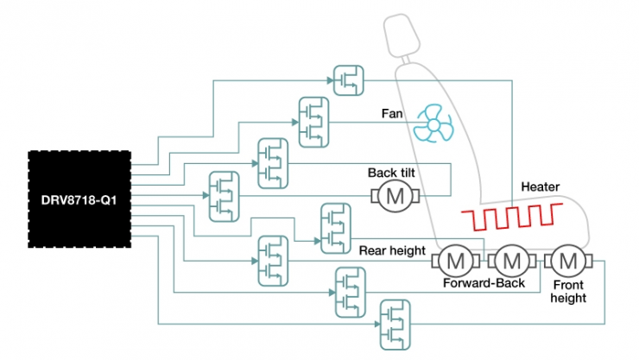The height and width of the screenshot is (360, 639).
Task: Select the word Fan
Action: [x=393, y=112]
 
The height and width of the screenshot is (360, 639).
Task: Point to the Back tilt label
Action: [x=392, y=172]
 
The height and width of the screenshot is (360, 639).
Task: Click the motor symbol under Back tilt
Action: [x=395, y=196]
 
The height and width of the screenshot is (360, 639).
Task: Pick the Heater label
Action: [x=541, y=186]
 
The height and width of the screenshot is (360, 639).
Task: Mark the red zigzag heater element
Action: [x=510, y=218]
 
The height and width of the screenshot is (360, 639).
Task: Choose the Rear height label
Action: [x=393, y=251]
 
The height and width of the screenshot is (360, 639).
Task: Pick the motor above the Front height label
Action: [x=567, y=258]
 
